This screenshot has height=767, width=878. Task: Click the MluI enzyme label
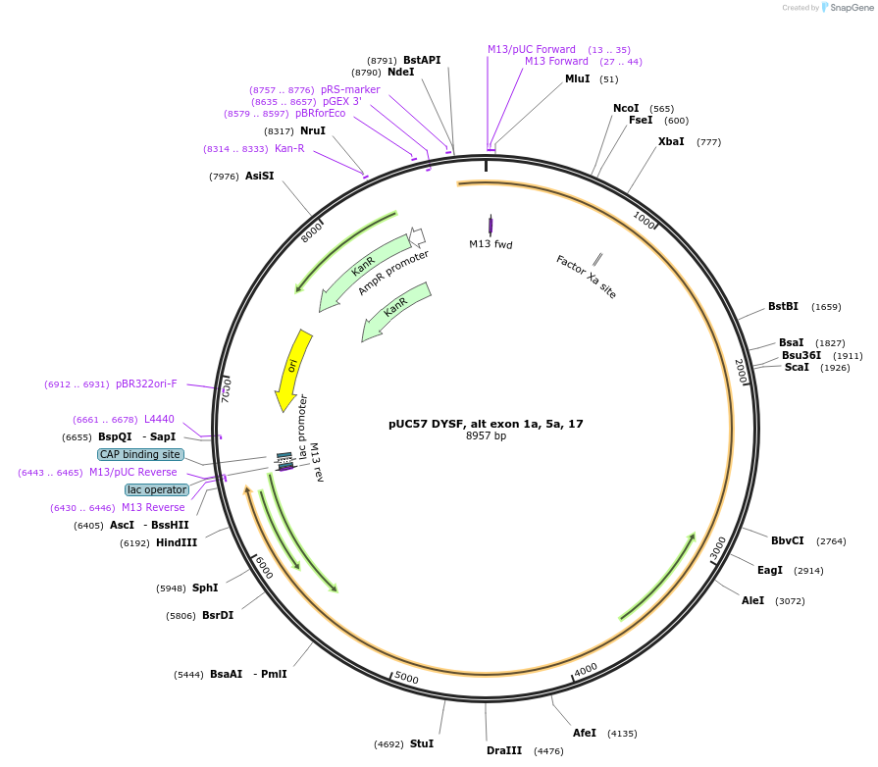click(x=577, y=78)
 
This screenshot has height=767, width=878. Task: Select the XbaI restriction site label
click(x=671, y=141)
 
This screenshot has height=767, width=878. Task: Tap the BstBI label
click(x=783, y=306)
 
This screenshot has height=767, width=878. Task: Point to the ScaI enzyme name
click(x=797, y=367)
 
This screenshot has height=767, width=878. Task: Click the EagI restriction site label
click(x=770, y=570)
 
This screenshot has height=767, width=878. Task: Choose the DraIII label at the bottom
click(x=504, y=750)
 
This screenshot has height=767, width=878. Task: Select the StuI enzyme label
click(x=422, y=743)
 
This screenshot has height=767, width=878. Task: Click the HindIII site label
click(x=177, y=542)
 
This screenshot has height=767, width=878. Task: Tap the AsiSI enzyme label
click(x=260, y=176)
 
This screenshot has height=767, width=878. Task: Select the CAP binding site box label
click(x=140, y=454)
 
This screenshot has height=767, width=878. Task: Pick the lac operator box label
click(x=157, y=489)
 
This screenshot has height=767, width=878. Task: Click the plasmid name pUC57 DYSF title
click(x=486, y=424)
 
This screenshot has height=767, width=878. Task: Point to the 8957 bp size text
click(x=486, y=436)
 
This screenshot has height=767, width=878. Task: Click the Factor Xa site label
click(x=586, y=277)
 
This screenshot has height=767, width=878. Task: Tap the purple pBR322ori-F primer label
click(x=146, y=383)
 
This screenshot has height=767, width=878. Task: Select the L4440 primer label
click(x=159, y=419)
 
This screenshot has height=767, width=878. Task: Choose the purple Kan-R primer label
click(x=289, y=148)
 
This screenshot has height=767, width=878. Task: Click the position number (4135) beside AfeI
click(x=622, y=733)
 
